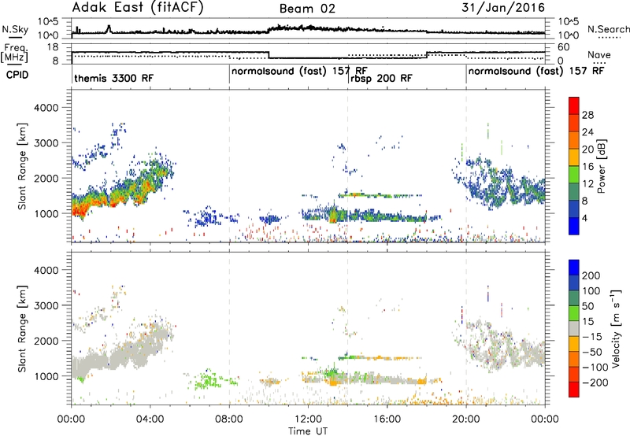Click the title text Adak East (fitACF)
(138, 8)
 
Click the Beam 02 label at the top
(307, 9)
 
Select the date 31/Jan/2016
(503, 8)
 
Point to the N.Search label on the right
(608, 29)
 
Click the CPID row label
(17, 75)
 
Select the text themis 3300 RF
(113, 78)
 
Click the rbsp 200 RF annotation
(381, 78)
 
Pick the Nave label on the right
(599, 54)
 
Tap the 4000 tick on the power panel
(46, 108)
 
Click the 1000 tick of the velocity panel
(46, 376)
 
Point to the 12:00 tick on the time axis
(308, 419)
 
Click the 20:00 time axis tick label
(466, 419)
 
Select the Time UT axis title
(308, 431)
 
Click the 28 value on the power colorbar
(587, 115)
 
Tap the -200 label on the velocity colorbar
(595, 382)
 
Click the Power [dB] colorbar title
(602, 166)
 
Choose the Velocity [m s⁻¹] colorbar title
(616, 328)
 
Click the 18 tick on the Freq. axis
(53, 47)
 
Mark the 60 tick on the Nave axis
(564, 47)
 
